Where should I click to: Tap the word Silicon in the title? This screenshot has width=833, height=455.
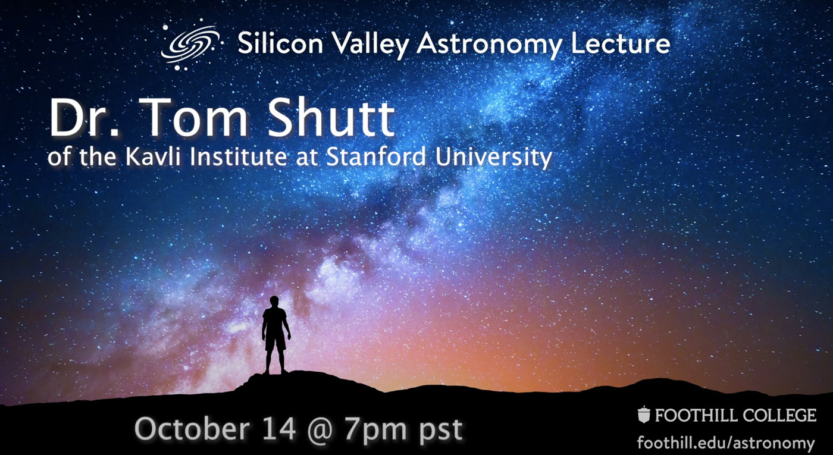pyautogui.click(x=280, y=43)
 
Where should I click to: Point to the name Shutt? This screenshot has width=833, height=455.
pyautogui.click(x=330, y=118)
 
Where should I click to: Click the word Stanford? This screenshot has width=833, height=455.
pyautogui.click(x=375, y=156)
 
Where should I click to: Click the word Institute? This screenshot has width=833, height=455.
pyautogui.click(x=239, y=156)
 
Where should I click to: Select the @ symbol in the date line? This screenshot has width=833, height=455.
pyautogui.click(x=319, y=431)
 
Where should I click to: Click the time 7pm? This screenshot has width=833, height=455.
pyautogui.click(x=375, y=431)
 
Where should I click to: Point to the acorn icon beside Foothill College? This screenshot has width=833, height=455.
pyautogui.click(x=644, y=415)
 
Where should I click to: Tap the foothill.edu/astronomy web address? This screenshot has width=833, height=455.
pyautogui.click(x=726, y=443)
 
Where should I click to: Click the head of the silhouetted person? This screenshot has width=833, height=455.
pyautogui.click(x=274, y=301)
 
